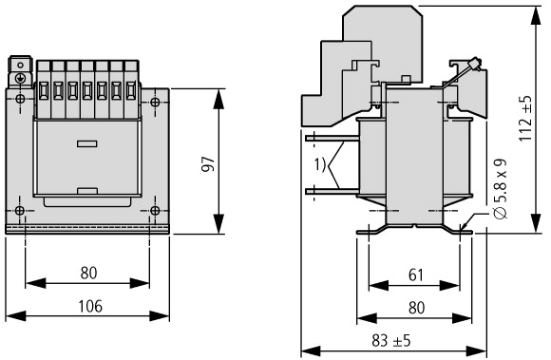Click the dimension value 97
point(208,164)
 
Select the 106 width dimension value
point(90,306)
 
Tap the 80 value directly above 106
point(88,273)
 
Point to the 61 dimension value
point(416,275)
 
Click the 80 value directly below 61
point(416,308)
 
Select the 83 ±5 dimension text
point(391,341)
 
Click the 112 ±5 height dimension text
point(525,119)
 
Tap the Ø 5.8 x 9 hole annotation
point(501,189)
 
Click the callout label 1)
point(320,164)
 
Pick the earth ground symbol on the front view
point(20,78)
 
